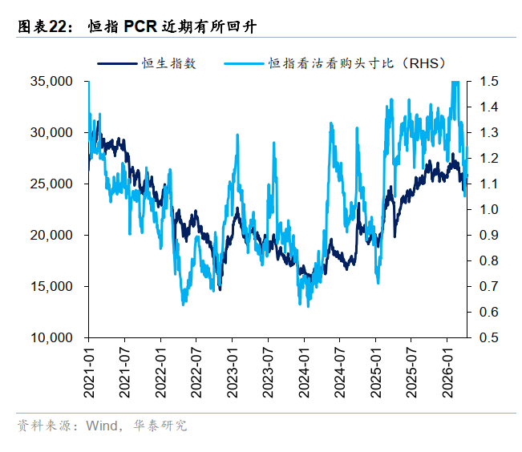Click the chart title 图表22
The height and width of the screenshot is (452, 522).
tap(40, 27)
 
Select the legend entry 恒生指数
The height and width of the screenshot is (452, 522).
tap(168, 63)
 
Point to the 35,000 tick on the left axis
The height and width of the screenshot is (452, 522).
tap(51, 81)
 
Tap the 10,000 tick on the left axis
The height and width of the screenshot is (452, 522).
tap(51, 337)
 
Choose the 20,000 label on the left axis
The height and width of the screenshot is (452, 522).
tap(51, 235)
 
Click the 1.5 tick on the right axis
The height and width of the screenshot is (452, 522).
tap(489, 81)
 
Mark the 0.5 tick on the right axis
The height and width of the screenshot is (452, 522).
tap(489, 337)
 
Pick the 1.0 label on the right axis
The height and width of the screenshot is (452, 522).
tap(489, 209)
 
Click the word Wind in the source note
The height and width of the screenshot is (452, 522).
tap(100, 426)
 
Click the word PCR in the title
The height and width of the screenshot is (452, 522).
tap(141, 27)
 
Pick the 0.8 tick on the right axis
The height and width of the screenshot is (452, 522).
tap(489, 260)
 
